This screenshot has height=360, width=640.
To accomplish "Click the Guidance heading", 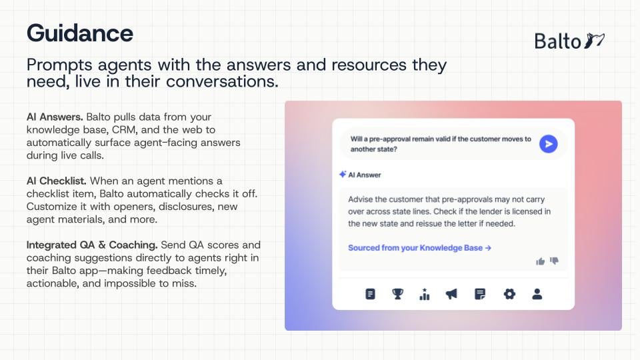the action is click(x=80, y=33).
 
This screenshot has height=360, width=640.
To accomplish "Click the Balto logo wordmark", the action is click(x=557, y=41).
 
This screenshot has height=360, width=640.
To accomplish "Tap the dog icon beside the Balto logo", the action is click(x=594, y=41).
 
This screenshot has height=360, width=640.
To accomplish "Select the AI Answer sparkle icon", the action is click(x=343, y=174).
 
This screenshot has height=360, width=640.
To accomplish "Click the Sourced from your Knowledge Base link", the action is click(x=419, y=248).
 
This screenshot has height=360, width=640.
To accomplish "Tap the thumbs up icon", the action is click(x=541, y=261).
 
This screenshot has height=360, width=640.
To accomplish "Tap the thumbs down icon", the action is click(x=554, y=261).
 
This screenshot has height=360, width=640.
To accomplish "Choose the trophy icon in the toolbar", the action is click(x=397, y=294).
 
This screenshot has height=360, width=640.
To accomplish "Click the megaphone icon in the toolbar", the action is click(x=451, y=294).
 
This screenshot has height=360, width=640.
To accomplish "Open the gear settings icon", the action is click(x=509, y=294).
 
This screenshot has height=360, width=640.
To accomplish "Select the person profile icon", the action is click(x=537, y=294).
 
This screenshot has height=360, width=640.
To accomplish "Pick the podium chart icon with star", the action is click(x=425, y=294).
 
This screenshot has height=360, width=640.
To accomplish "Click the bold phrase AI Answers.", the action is click(x=55, y=117).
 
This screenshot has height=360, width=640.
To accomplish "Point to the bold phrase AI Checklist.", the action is click(x=56, y=181).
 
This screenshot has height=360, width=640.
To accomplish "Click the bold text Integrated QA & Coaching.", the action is click(x=92, y=245).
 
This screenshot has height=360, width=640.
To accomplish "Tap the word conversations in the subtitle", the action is click(x=222, y=81).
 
